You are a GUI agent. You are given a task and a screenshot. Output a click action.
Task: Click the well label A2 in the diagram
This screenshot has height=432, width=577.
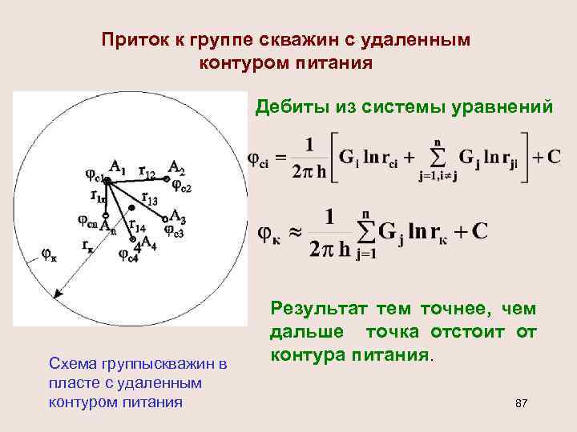[x=176, y=166]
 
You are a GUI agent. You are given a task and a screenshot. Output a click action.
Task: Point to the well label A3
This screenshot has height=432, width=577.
[x=177, y=221]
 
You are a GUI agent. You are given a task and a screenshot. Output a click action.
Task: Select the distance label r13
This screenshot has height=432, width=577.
[x=149, y=197]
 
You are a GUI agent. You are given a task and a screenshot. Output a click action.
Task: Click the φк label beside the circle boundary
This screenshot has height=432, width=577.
[x=49, y=256]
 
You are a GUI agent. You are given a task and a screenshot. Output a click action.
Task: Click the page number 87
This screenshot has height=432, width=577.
[x=522, y=402]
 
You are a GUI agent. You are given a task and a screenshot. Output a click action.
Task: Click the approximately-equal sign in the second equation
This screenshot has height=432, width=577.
[x=297, y=231]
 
